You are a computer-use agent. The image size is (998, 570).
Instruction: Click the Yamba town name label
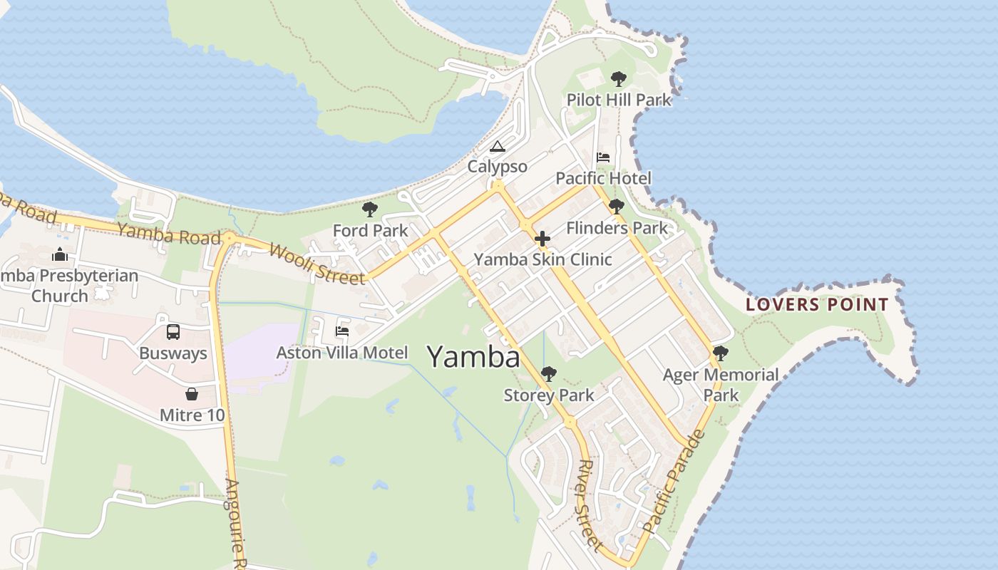[473, 356]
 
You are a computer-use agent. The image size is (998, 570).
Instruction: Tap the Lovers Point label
[816, 305]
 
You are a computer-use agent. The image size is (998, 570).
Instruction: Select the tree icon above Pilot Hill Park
[619, 79]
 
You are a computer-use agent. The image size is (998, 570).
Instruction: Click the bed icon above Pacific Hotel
[603, 157]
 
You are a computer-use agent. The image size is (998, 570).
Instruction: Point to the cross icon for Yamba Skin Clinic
[542, 239]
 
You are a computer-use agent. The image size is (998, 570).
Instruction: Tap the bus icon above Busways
[173, 332]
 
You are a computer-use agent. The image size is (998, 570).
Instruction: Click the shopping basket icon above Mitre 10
[192, 394]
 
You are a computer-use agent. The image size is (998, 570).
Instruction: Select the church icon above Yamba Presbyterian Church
[60, 254]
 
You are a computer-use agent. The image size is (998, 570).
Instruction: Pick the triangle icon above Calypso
[498, 147]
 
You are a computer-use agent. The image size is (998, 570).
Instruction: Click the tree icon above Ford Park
[370, 209]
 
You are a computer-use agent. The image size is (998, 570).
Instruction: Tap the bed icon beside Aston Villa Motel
[342, 331]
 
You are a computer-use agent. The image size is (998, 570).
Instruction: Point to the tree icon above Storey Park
[548, 374]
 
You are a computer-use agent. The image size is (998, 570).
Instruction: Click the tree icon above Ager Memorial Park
[721, 353]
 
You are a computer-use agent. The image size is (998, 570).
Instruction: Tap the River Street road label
[589, 504]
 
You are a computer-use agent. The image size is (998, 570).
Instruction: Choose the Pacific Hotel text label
[603, 178]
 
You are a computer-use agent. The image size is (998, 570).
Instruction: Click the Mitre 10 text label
[192, 415]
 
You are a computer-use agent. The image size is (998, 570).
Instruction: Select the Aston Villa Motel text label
[342, 353]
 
